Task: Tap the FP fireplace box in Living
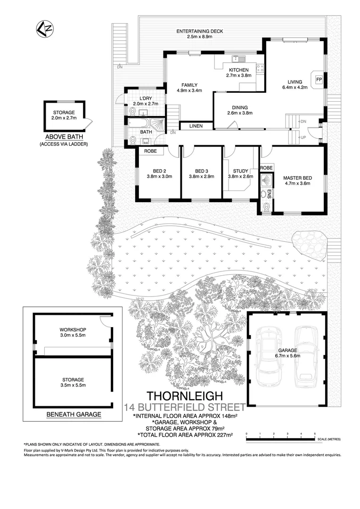[x=319, y=79]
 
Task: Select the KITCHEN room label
[x=239, y=69]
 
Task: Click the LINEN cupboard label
[x=196, y=126]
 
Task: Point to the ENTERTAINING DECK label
[x=200, y=31]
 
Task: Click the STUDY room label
[x=237, y=171]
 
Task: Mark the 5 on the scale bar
[x=314, y=433]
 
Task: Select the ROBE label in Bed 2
[x=150, y=151]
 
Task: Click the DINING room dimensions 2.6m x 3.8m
[x=237, y=113]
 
